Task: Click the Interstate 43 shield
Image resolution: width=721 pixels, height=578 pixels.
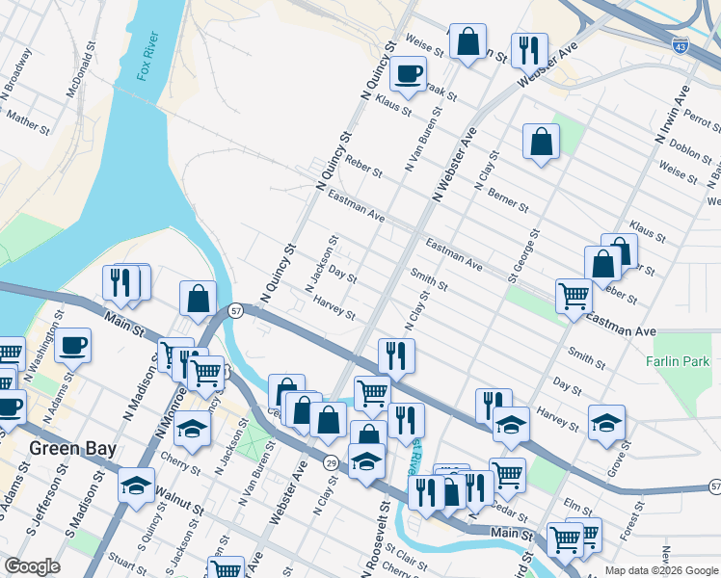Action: click(x=681, y=44)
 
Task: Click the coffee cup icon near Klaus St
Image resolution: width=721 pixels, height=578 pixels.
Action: click(x=408, y=73)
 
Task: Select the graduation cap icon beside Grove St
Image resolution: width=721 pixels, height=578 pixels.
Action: click(x=606, y=422)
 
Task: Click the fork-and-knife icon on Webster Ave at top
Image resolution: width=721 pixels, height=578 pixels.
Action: click(x=528, y=48)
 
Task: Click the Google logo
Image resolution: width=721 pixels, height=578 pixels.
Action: click(x=33, y=567)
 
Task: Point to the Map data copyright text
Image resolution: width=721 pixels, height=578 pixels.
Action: click(x=659, y=570)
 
